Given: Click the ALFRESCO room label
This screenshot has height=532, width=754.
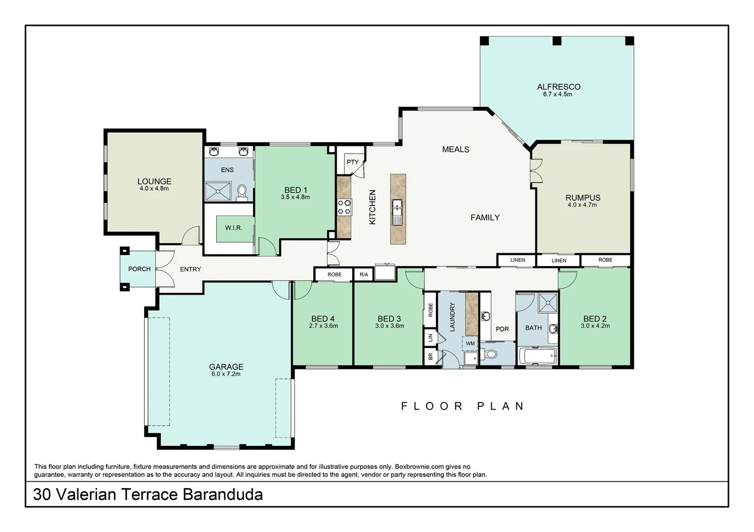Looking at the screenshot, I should click(558, 87).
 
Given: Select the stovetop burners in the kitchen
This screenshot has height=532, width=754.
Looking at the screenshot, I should click(344, 207).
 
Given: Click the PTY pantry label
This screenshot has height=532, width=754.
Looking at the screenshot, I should click(352, 162).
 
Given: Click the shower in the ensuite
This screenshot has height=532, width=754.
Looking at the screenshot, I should click(218, 191).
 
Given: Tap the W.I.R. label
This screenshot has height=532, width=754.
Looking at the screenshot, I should click(233, 228).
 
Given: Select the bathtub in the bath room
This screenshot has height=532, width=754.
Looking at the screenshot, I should click(538, 355).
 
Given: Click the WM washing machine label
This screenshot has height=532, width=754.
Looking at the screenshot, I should click(470, 343).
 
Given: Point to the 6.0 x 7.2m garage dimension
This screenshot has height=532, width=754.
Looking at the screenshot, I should click(226, 374).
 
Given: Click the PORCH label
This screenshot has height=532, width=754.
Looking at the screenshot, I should click(139, 269).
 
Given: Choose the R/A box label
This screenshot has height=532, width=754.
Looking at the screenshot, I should click(363, 275).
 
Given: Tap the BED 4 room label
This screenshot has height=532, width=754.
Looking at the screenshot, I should click(323, 319).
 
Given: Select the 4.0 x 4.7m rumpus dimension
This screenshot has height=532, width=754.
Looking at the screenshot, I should click(582, 205).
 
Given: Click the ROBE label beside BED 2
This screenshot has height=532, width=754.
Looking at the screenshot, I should click(605, 260).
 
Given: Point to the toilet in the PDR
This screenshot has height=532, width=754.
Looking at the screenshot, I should click(490, 354).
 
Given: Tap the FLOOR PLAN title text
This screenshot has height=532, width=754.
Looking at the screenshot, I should click(462, 406).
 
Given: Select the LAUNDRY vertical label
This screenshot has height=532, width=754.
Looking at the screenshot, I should click(452, 316).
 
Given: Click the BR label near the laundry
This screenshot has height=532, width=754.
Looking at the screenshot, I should click(431, 356).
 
